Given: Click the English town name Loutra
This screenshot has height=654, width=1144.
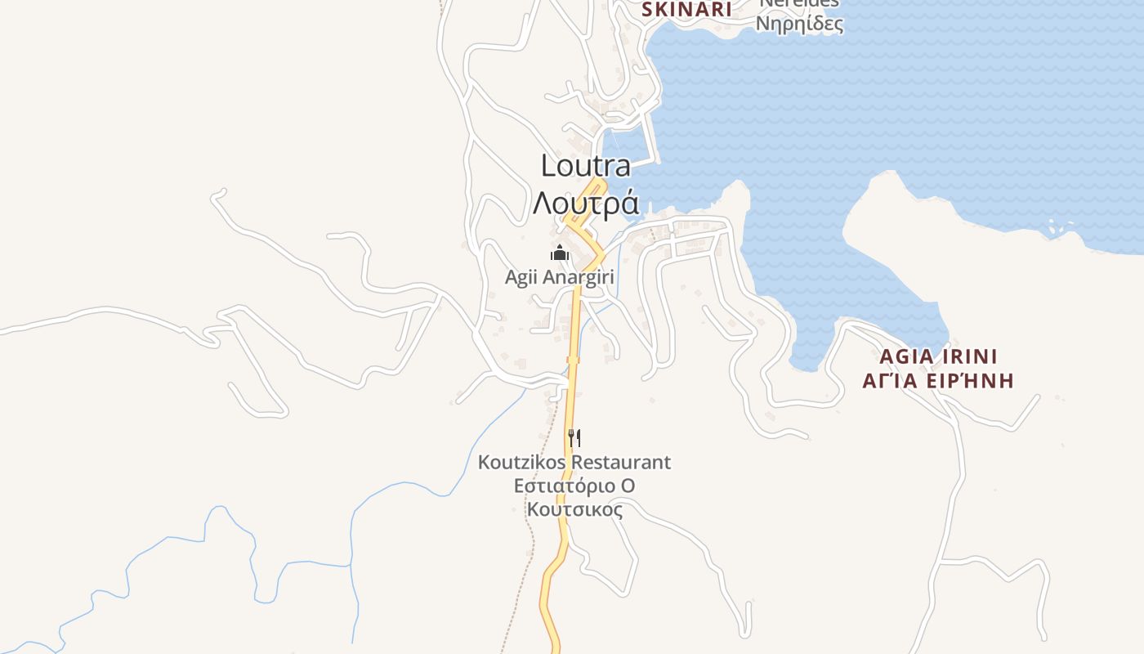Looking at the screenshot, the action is coord(585,166).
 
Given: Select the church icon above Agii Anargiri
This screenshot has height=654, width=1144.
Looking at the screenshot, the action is coord(560,253).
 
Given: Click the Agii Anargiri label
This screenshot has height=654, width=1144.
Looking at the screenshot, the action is coord(559,277).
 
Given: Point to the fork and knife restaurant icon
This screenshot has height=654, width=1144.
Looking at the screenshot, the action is coord(574,438).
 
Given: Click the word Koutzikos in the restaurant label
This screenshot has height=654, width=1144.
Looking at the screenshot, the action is coord(521,462).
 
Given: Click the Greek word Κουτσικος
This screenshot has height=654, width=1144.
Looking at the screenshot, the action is coord(574,509).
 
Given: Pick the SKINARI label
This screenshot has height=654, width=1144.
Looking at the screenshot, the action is coord(686,10).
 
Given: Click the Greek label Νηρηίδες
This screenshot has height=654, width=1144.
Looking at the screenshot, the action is coord(799,24).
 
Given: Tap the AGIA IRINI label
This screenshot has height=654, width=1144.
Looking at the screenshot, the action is coord(938,356).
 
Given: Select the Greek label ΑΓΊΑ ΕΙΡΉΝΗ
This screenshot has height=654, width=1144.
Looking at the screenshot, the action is coord(938,380).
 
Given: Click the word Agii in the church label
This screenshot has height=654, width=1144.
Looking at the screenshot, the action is coord(521,277).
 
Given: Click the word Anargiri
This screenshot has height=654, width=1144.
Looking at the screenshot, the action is coord(577,277).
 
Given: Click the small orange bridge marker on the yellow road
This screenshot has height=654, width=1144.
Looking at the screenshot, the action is coord(574,359).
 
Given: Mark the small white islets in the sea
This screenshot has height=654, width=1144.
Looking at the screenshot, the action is coord(1061,229).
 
